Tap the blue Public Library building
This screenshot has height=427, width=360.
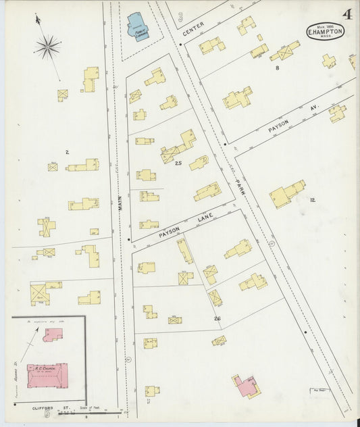click(139, 26)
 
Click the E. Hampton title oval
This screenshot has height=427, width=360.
click(325, 32)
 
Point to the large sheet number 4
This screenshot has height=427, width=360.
click(346, 14)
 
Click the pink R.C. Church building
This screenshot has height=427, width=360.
click(47, 376)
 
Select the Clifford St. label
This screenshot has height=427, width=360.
click(47, 409)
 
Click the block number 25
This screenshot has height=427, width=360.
click(178, 164)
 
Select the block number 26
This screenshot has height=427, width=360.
click(217, 318)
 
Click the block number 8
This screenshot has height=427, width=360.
click(277, 68)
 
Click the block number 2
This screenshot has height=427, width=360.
click(67, 152)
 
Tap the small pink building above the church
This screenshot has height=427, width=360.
click(53, 334)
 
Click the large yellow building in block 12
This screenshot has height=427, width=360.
click(286, 194)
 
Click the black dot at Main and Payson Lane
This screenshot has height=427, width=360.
click(128, 239)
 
